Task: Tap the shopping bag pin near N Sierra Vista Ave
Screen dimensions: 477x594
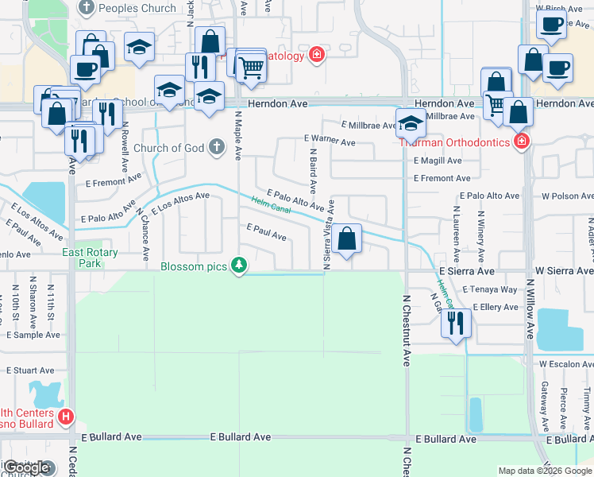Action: coord(346,238)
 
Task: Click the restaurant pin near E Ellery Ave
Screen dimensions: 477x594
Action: coord(455,324)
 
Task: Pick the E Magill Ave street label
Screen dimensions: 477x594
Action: coord(438,160)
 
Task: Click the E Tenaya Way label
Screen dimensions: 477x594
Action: coord(489,289)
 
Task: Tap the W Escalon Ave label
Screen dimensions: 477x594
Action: coord(565,363)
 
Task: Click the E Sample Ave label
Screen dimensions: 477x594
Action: coord(33,335)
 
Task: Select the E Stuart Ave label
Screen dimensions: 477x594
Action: coord(30,370)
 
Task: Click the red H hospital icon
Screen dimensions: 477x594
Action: coord(66,415)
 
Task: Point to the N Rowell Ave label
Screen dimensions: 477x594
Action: coord(125,148)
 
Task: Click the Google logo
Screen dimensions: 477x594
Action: coord(28,468)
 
